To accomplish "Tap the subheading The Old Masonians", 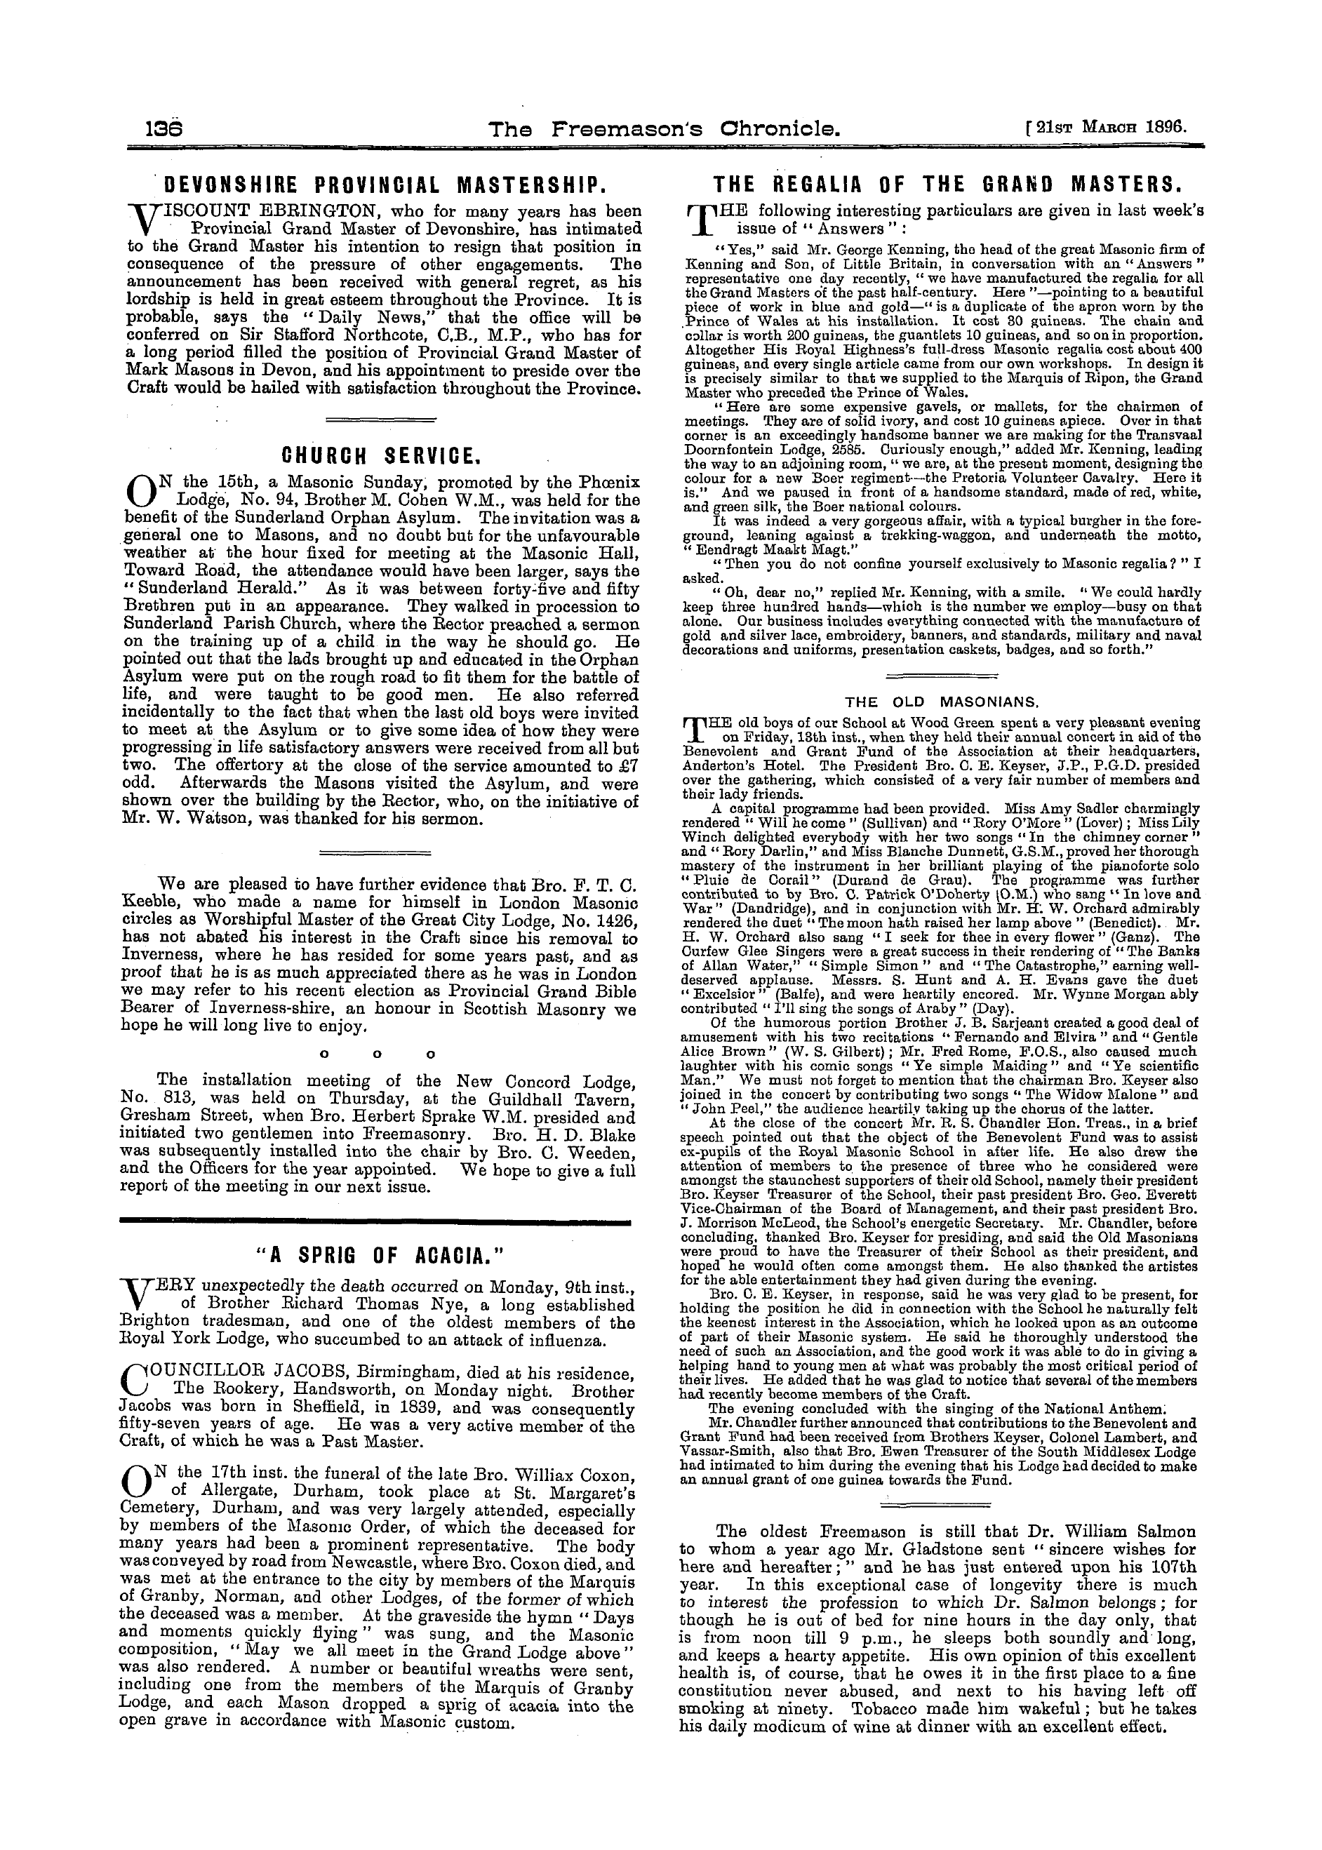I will click(x=942, y=701).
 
